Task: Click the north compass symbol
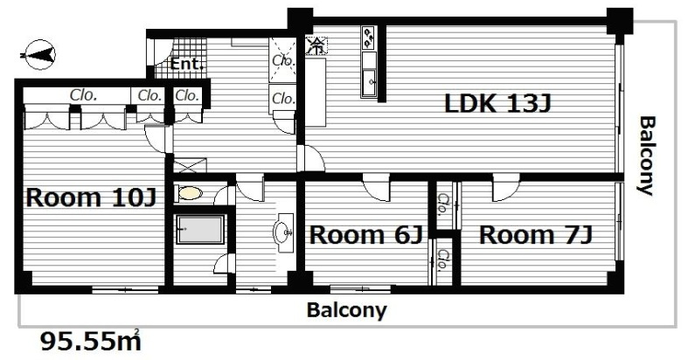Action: pos(39,54)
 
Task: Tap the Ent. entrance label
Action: pos(187,64)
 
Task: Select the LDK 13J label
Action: pos(497,104)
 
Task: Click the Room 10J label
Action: pos(91,197)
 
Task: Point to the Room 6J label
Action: pos(365,235)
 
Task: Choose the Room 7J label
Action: pos(535,235)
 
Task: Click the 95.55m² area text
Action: pos(91,341)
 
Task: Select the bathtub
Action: pos(200,230)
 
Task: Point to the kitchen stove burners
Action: pos(368,38)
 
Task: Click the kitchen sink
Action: pos(369,82)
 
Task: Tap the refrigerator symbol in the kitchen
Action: pos(317,45)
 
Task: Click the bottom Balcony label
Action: pos(346,310)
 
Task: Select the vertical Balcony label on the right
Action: pos(647,156)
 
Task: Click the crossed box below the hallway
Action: pos(190,165)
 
